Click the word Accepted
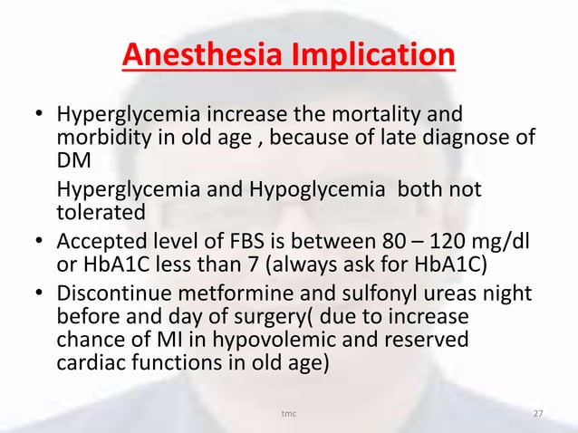100,241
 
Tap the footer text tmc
289,414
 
